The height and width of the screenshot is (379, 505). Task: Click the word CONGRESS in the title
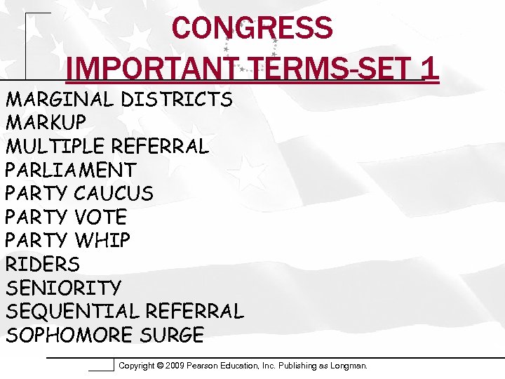point(252,28)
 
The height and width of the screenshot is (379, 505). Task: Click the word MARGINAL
point(60,100)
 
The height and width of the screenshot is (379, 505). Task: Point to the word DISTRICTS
point(176,100)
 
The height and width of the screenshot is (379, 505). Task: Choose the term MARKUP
point(46,123)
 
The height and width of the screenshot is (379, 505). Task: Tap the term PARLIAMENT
point(71,170)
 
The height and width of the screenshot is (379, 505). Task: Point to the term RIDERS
point(43,264)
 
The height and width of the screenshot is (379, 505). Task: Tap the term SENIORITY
point(63,288)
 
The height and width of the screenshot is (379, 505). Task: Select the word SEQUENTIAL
point(73,311)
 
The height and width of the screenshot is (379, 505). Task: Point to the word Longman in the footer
point(347,366)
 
